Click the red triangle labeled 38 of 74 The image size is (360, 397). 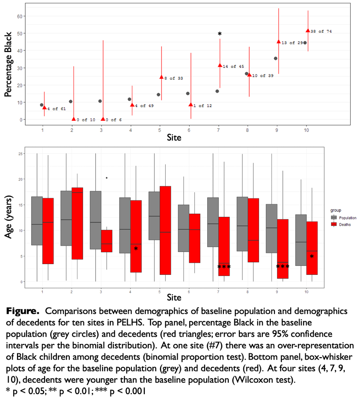(x=308, y=31)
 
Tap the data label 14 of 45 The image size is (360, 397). (x=233, y=66)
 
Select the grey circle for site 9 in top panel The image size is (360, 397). (x=276, y=58)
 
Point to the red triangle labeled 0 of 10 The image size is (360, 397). (x=74, y=119)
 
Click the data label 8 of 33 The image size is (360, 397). (x=173, y=78)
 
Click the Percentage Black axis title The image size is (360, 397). (x=8, y=65)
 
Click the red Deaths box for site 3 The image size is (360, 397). (x=106, y=241)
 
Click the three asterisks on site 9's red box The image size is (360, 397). (x=283, y=267)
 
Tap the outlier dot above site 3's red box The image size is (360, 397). (x=107, y=178)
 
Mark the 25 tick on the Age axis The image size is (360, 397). (x=21, y=154)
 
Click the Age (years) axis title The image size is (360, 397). (x=8, y=218)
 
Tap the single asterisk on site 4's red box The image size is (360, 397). (x=136, y=249)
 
